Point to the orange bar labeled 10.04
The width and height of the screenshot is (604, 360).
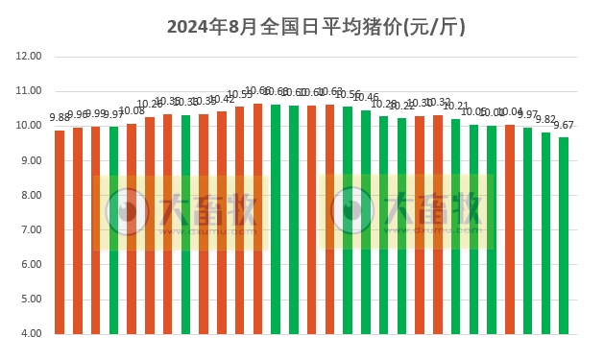(510, 229)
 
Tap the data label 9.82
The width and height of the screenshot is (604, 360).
(545, 120)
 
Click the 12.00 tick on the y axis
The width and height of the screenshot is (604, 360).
(29, 57)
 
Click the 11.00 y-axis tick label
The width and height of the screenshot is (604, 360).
(29, 91)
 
